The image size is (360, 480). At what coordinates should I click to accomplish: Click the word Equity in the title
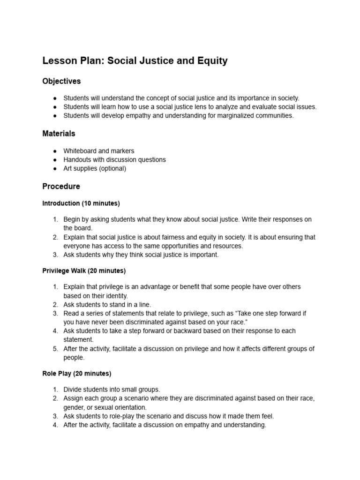[x=212, y=61]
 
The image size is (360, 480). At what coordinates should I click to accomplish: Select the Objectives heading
[x=61, y=81]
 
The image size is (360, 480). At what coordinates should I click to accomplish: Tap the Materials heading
[x=59, y=134]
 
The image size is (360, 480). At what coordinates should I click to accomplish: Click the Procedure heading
[x=61, y=186]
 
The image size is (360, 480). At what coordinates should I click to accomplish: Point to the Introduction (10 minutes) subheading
[x=81, y=203]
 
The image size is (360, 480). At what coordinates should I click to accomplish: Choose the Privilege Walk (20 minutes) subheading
[x=84, y=271]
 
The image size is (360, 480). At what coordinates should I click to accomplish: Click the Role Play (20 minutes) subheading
[x=77, y=374]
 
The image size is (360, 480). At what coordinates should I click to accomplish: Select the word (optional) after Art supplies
[x=111, y=168]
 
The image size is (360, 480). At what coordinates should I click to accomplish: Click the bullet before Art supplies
[x=55, y=169]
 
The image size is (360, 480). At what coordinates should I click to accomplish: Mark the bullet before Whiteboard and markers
[x=55, y=151]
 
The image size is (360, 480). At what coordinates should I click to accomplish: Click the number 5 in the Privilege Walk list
[x=55, y=349]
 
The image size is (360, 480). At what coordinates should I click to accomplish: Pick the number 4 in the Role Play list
[x=55, y=425]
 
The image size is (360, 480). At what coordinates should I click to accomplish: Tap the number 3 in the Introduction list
[x=55, y=255]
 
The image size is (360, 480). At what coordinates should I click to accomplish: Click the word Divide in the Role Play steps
[x=73, y=390]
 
